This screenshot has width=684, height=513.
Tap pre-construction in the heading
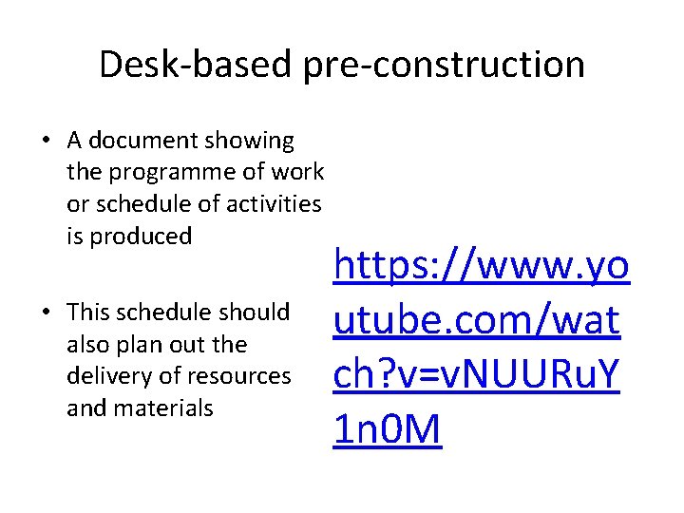[x=445, y=65]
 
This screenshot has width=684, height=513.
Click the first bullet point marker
[x=46, y=142]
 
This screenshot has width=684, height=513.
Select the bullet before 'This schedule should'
[x=46, y=313]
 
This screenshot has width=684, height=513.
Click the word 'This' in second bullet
[x=88, y=312]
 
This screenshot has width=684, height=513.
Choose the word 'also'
[x=88, y=344]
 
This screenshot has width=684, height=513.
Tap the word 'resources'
[x=242, y=375]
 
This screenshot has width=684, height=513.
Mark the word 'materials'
[x=164, y=408]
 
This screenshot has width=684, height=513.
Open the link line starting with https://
[x=480, y=267]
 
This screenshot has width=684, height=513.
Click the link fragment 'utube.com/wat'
[x=476, y=321]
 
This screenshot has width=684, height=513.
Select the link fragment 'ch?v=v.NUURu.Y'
[x=476, y=375]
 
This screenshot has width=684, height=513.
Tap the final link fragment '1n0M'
[x=388, y=429]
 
